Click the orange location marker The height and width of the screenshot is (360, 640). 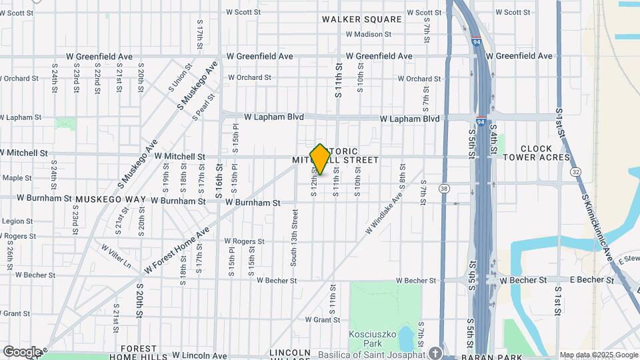(x=320, y=159)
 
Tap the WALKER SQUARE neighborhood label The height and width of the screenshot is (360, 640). (x=362, y=19)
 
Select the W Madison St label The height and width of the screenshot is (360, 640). (x=369, y=34)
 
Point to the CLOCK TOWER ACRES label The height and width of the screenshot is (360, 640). (x=537, y=153)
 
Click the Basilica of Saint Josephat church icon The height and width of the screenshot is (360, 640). (x=435, y=353)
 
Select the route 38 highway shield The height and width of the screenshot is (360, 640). (x=444, y=189)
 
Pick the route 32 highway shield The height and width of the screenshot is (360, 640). (x=575, y=172)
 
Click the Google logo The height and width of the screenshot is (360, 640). (x=22, y=351)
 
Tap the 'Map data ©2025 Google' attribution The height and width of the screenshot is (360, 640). (x=599, y=355)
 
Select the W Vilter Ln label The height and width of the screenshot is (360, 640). (x=116, y=255)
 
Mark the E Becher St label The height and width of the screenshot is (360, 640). (x=588, y=280)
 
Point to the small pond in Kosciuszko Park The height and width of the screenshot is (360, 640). (x=406, y=339)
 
